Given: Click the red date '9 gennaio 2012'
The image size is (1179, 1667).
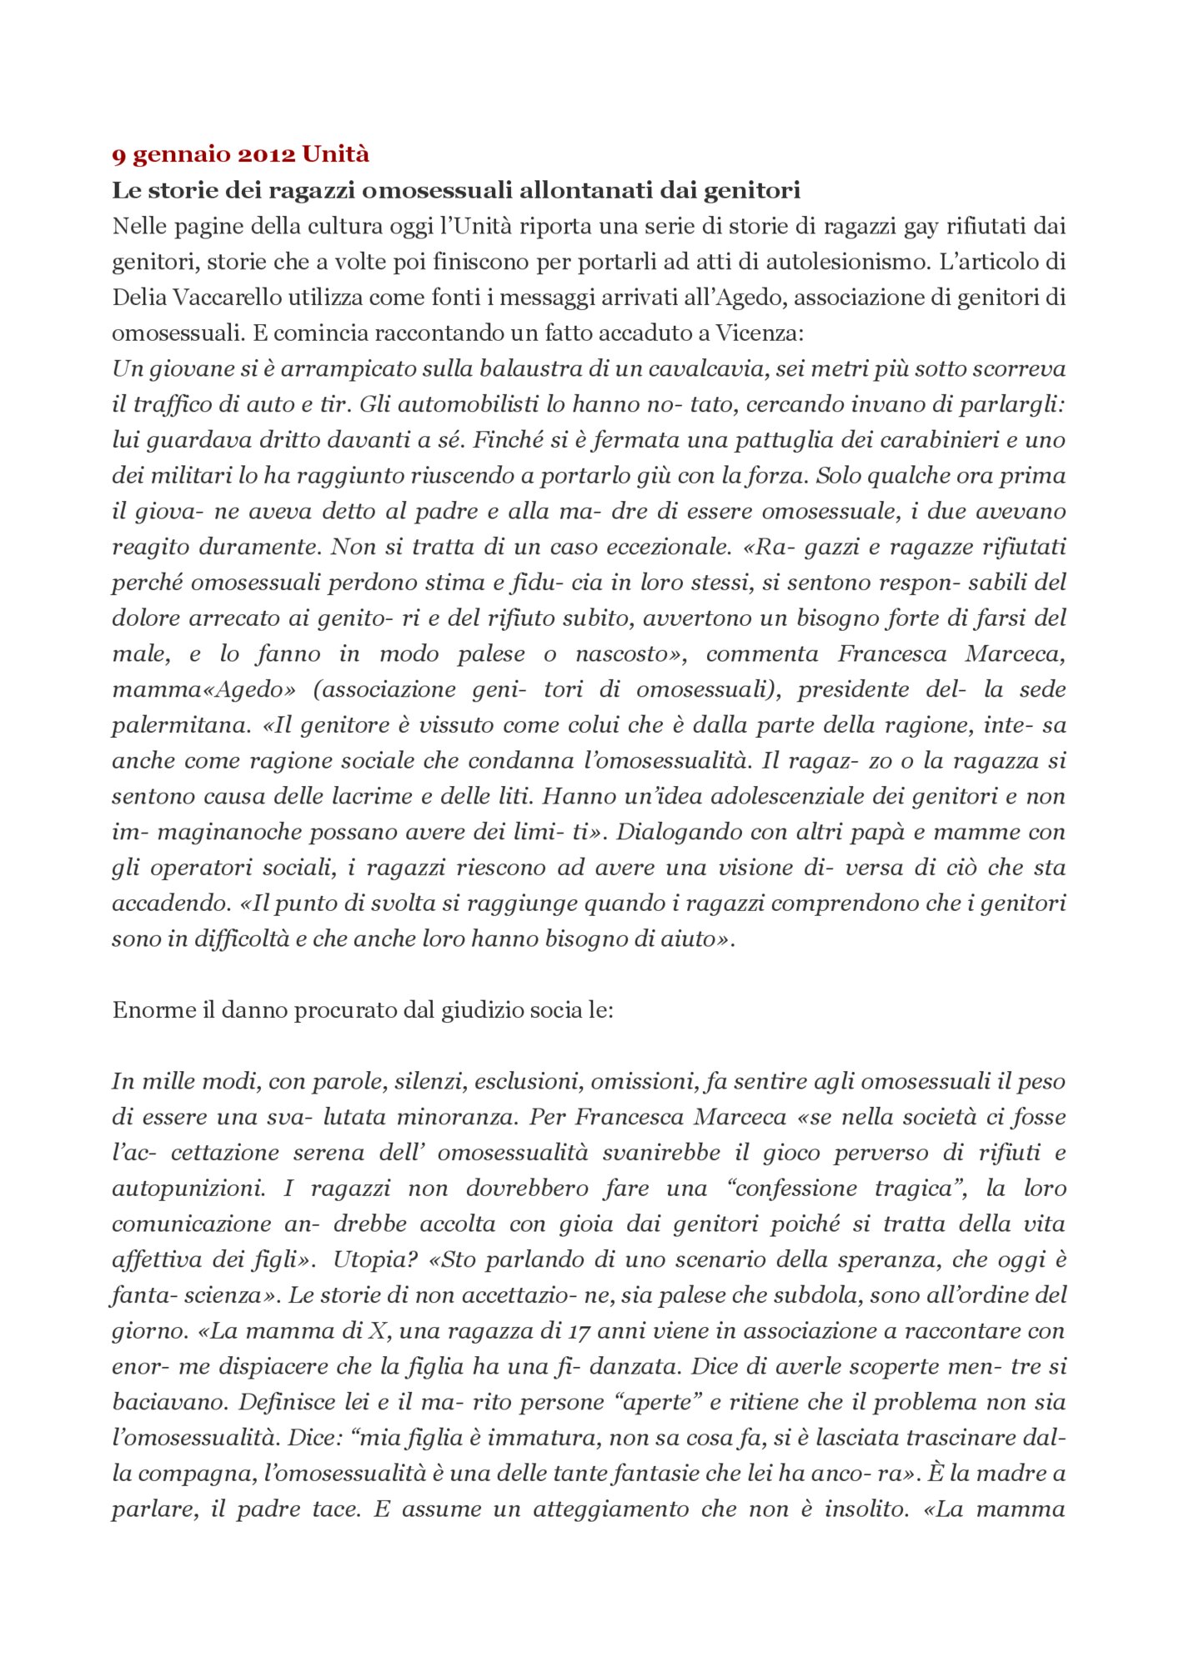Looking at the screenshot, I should coord(203,155).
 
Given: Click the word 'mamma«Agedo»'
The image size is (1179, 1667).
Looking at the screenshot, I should coord(204,690).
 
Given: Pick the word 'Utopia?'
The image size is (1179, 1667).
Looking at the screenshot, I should coord(374,1260).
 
